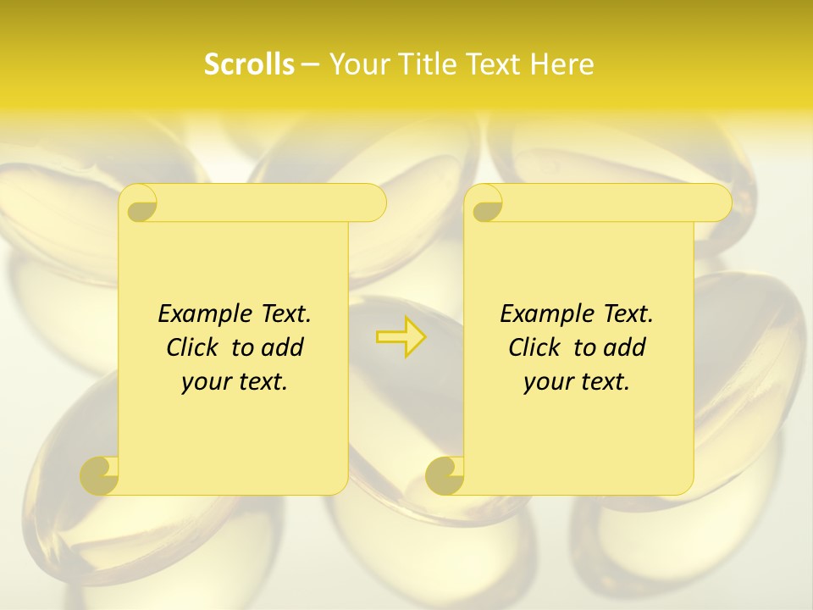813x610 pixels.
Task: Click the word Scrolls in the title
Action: [249, 64]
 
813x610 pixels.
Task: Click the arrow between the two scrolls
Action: [401, 337]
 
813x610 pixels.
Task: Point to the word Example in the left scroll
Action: [203, 313]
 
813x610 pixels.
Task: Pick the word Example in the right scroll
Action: [545, 313]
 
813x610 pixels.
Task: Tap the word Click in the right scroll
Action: [534, 347]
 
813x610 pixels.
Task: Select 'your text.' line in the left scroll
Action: [235, 382]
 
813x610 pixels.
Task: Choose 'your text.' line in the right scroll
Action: [577, 382]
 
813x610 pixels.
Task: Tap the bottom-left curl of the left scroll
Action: [100, 474]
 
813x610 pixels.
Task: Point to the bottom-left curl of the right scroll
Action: [445, 474]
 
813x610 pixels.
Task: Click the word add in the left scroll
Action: [281, 347]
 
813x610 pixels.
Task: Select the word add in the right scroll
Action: [623, 347]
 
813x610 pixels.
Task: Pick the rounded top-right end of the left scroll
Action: [373, 202]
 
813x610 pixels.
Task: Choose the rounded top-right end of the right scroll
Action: [719, 202]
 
